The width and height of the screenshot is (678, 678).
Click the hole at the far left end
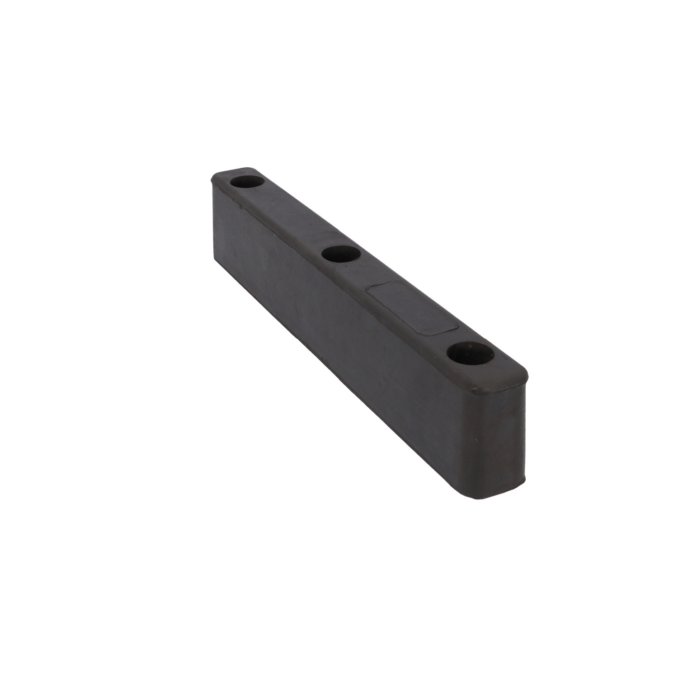247,183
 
